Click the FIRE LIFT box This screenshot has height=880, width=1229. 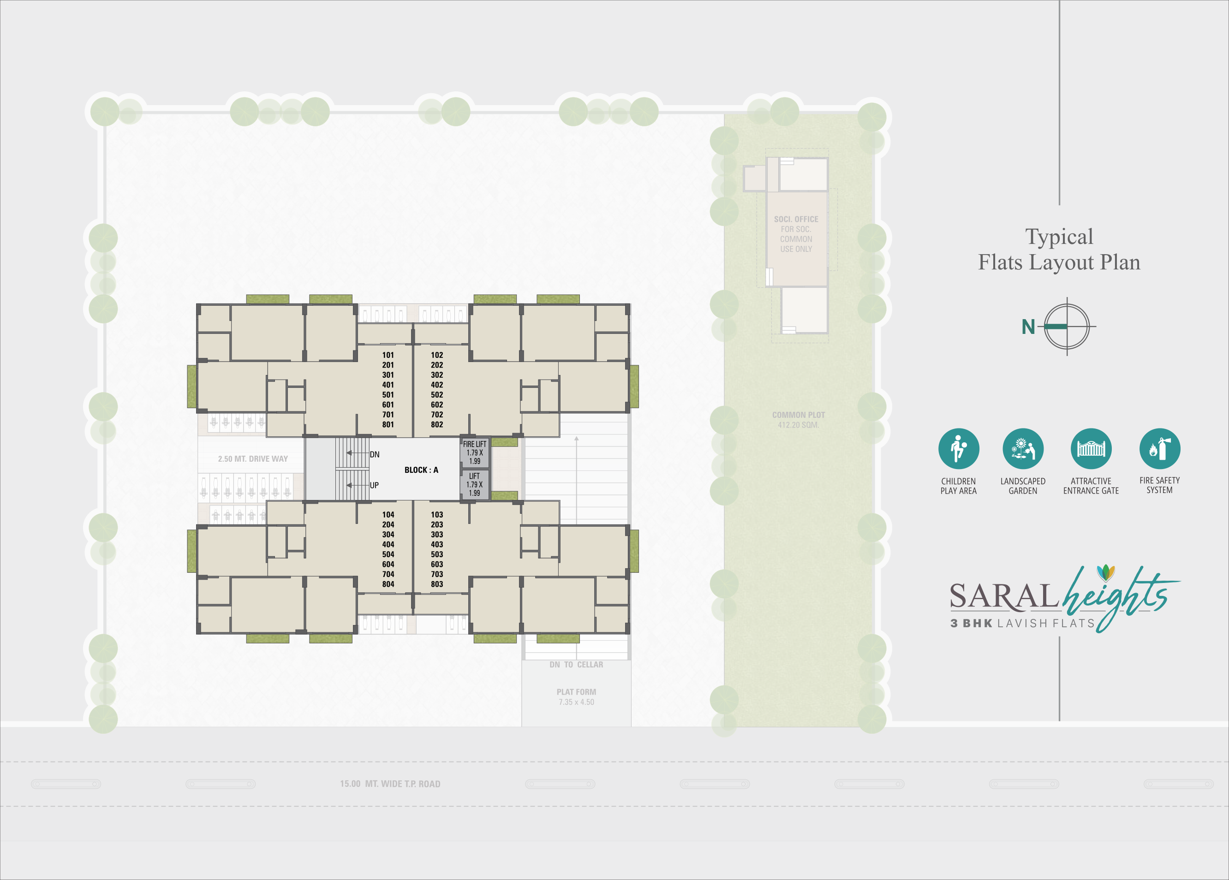tap(475, 452)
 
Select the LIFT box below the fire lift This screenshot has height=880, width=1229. tap(475, 484)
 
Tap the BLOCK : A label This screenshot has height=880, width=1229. tap(421, 470)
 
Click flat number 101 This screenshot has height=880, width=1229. tap(388, 355)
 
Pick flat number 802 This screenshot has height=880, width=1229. tap(437, 424)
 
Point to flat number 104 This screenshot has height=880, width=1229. tap(388, 514)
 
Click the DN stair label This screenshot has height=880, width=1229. tap(375, 454)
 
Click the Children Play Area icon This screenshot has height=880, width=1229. tap(959, 448)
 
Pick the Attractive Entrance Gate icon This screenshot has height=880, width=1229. tap(1091, 448)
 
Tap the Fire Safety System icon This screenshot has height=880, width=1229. tap(1160, 448)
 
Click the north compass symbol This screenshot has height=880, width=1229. tap(1067, 326)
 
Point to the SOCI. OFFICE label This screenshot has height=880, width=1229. tap(796, 219)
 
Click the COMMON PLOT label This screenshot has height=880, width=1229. tap(798, 415)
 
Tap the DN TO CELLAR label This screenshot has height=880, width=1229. tap(576, 664)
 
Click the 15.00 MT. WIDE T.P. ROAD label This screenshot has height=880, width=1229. tap(390, 784)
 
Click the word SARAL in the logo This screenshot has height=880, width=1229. tap(1003, 596)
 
